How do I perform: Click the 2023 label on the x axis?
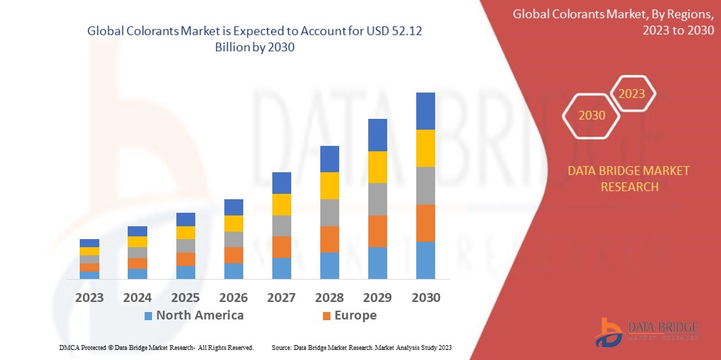pos(89,297)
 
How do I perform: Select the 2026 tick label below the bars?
pos(233,297)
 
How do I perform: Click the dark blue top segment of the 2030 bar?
pos(425,111)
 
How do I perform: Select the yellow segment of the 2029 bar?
pos(377,167)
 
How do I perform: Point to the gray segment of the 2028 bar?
pos(329,212)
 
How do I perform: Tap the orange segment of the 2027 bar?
pos(281,247)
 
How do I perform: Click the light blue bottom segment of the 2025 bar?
pos(185,272)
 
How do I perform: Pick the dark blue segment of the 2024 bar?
pos(137,231)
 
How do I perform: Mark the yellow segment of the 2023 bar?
pos(89,251)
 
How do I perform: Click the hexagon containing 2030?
pos(592,115)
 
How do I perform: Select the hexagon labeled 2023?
pos(632,94)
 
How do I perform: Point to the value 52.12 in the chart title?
pos(409,31)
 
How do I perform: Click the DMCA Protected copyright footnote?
pos(156,347)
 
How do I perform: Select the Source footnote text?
pos(362,347)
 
